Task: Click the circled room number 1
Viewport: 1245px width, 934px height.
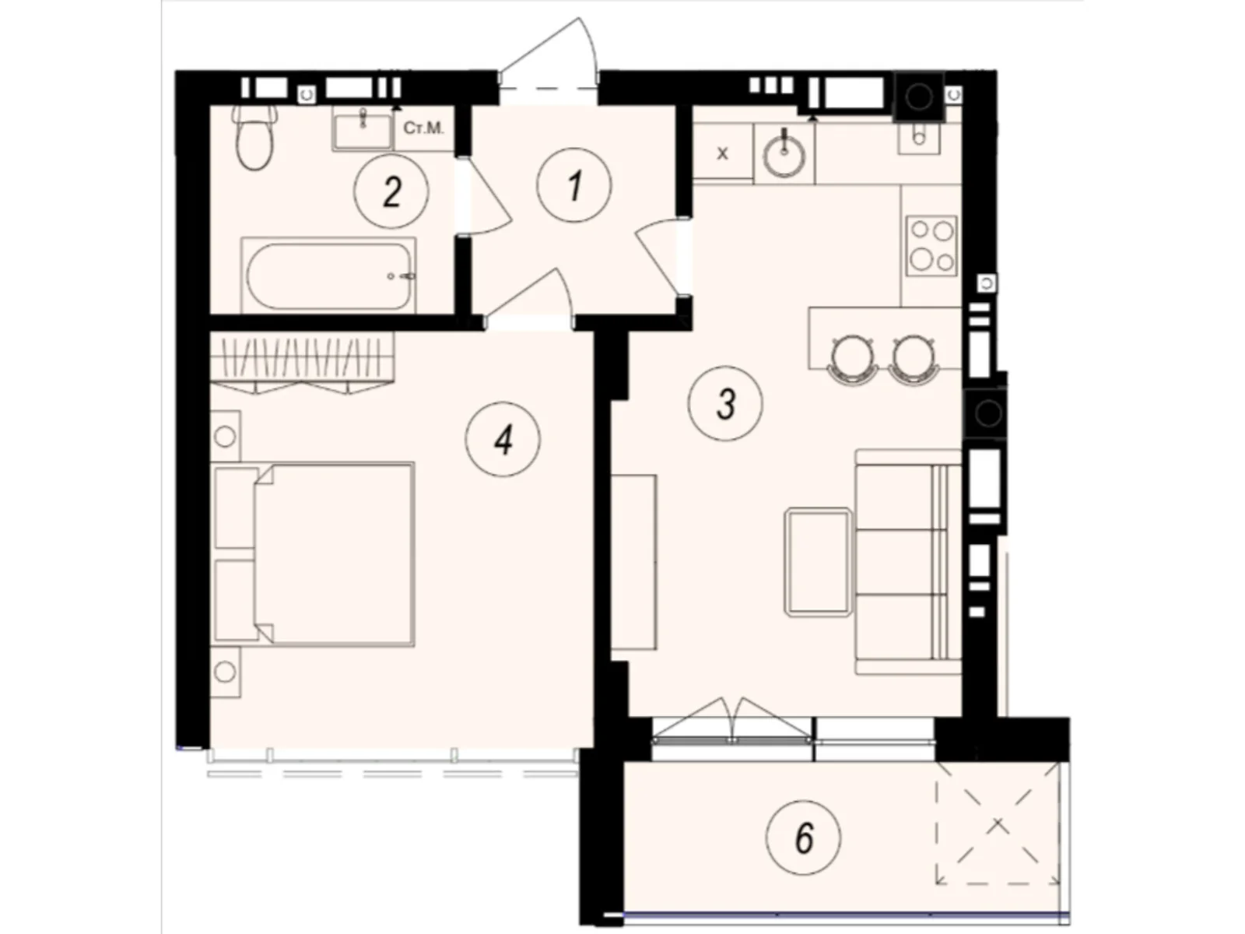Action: click(574, 186)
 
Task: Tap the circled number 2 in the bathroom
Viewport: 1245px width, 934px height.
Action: click(391, 191)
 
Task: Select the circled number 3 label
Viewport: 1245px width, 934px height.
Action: click(725, 403)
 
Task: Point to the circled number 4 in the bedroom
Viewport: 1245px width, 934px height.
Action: click(503, 441)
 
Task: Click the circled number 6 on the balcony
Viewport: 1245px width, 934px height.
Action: click(803, 837)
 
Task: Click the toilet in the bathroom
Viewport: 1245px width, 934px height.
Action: click(254, 139)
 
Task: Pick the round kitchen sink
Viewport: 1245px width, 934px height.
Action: click(784, 156)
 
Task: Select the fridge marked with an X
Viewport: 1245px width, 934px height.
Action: click(722, 153)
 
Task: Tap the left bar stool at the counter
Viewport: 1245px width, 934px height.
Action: click(854, 358)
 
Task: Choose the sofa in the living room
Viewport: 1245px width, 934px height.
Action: click(907, 562)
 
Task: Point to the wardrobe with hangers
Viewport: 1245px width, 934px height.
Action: click(302, 360)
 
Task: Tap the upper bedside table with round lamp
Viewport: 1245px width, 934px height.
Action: click(226, 437)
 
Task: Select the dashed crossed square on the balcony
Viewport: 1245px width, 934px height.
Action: click(998, 823)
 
